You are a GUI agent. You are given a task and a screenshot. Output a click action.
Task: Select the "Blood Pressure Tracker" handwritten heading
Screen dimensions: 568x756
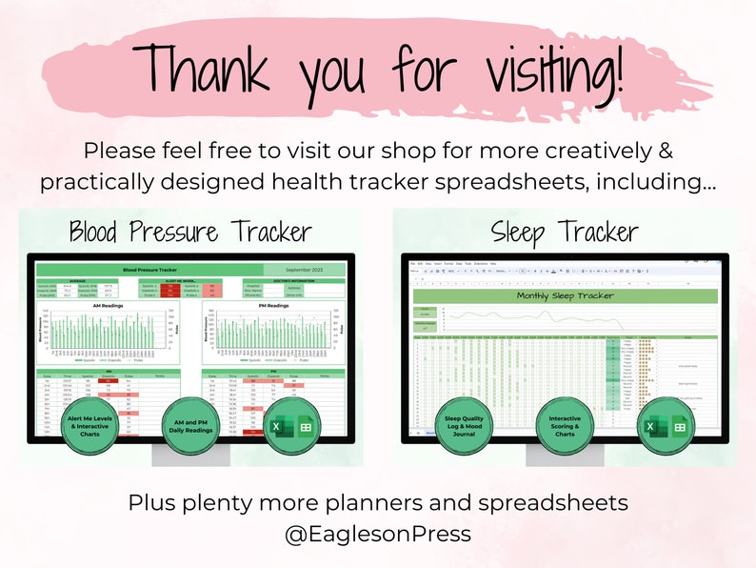tap(189, 232)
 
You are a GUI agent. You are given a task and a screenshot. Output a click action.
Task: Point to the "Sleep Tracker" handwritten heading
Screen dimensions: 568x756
tap(565, 232)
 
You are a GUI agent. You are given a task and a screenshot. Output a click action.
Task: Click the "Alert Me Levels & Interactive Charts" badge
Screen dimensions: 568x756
tap(88, 423)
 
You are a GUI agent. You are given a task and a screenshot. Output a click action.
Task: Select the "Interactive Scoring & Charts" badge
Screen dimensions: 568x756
tap(566, 423)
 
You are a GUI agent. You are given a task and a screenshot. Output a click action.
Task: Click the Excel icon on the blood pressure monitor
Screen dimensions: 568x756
tap(274, 427)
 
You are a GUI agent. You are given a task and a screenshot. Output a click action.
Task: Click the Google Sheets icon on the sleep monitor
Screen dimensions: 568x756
tap(680, 427)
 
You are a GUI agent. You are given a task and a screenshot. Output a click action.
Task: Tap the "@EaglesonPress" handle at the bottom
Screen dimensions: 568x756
tap(378, 535)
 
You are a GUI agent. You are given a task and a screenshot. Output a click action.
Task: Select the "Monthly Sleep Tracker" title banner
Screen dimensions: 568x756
tap(565, 295)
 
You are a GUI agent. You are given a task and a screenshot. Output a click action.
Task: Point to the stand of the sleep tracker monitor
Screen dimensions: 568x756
tap(565, 455)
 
